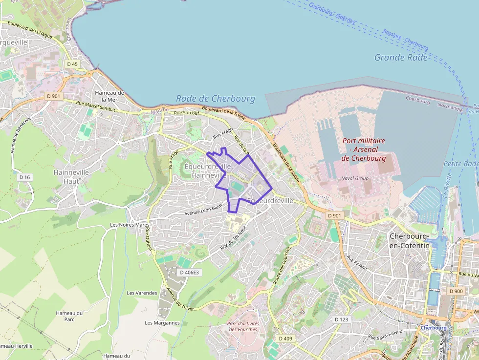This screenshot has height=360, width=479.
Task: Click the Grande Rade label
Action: click(401, 58)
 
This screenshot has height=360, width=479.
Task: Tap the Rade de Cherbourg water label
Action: click(216, 99)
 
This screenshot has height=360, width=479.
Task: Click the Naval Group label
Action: click(355, 178)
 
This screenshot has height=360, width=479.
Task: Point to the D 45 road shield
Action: click(72, 64)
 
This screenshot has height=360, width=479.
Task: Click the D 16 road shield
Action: click(25, 177)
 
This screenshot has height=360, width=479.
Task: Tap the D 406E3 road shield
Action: click(189, 272)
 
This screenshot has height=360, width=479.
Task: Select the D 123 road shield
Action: click(342, 319)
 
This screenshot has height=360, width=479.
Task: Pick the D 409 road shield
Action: click(285, 338)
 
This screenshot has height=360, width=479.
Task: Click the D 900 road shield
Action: click(456, 291)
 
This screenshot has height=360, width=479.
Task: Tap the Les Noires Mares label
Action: click(130, 225)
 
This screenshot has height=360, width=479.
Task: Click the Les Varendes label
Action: click(142, 293)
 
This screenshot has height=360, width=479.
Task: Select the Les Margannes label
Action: click(162, 323)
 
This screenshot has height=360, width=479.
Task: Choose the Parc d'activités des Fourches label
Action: click(243, 326)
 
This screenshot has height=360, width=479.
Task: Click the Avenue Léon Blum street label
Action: click(203, 210)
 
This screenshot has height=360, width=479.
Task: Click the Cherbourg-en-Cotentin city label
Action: click(409, 241)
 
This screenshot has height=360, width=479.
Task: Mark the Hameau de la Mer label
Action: click(110, 96)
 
